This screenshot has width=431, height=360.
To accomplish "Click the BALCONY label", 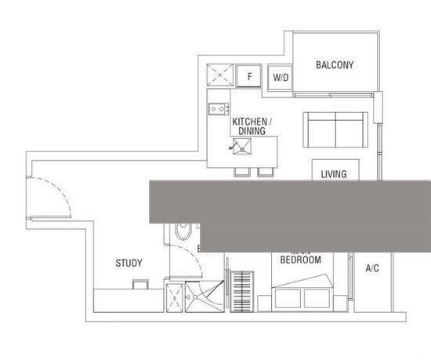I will [x=335, y=65].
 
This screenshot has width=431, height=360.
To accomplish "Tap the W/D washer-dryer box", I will [x=280, y=78].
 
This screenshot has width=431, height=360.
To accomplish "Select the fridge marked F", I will [x=250, y=76].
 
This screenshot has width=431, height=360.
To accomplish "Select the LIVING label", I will [x=334, y=174].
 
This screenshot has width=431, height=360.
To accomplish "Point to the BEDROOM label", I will [x=300, y=260].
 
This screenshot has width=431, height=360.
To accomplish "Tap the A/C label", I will [x=372, y=268].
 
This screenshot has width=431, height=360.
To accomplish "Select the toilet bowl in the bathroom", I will [x=183, y=232].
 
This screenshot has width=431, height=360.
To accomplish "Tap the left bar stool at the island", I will [x=240, y=172].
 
